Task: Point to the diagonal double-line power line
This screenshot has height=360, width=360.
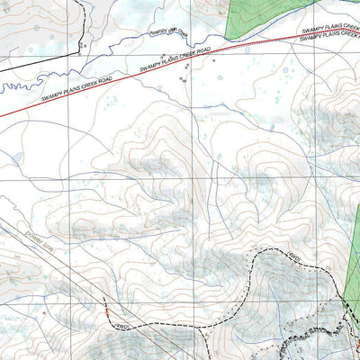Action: pyautogui.click(x=54, y=261)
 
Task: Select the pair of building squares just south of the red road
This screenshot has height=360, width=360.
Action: pyautogui.click(x=183, y=79)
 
